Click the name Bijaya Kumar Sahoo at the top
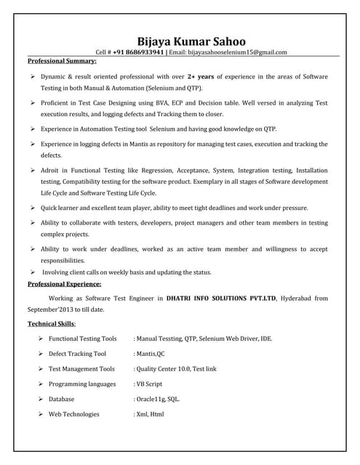pos(191,41)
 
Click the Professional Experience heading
pos(64,284)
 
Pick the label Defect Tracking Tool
pos(77,354)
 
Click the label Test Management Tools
pos(81,369)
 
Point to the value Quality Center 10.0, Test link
pos(175,369)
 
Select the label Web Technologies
pos(74,414)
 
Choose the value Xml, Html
pos(150,414)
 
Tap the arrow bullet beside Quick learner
pos(33,208)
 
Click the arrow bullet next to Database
pos(41,399)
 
